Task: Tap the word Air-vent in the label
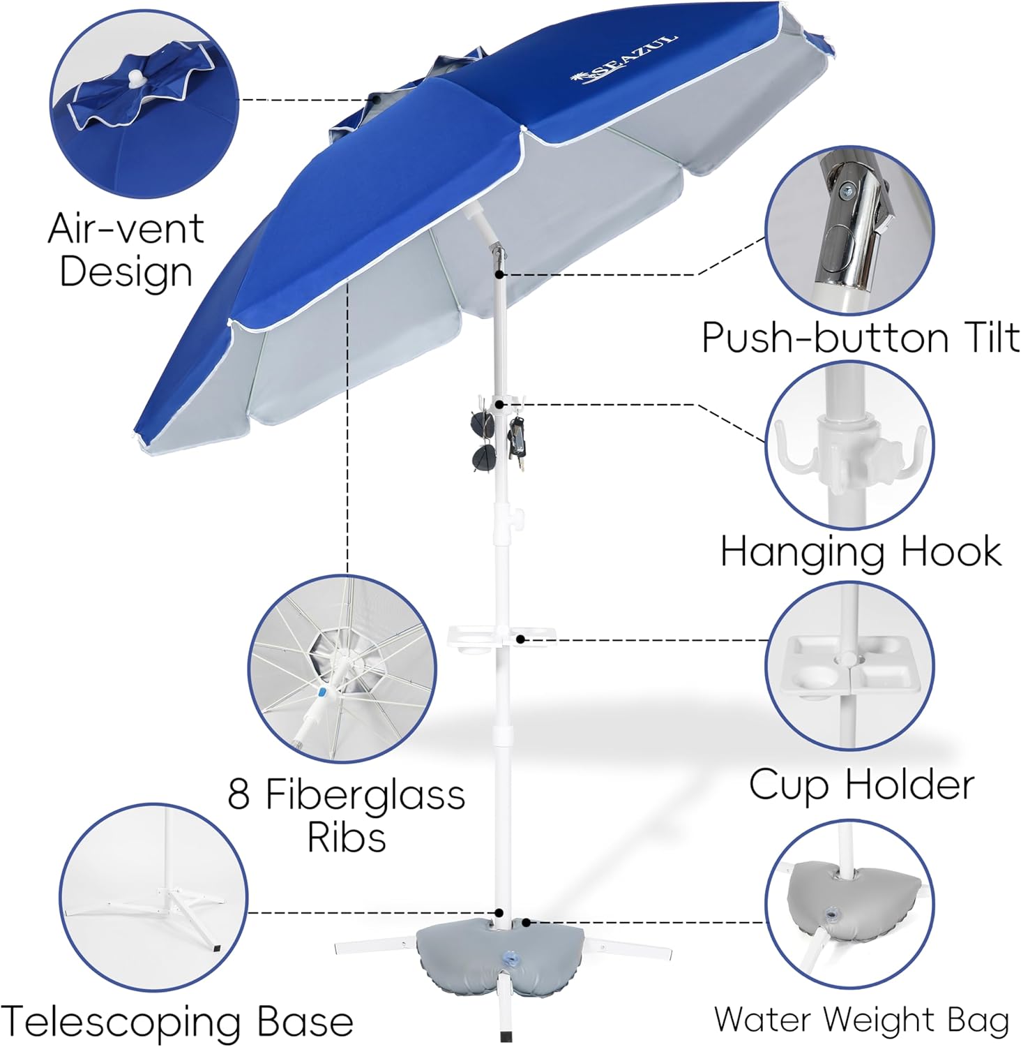click(x=126, y=228)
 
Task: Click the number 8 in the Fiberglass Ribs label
click(x=239, y=794)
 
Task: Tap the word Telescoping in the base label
click(x=123, y=1023)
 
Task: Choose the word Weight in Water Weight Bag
click(x=882, y=1020)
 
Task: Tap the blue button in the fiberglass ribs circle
click(x=322, y=693)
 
